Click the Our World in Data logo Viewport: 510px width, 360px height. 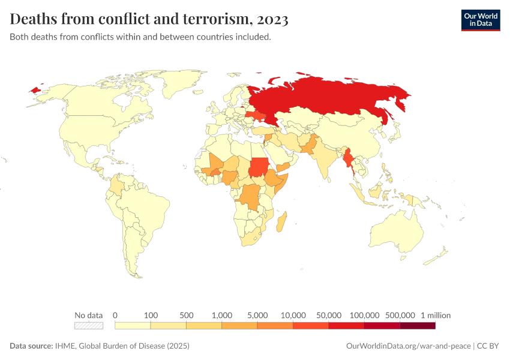pos(480,19)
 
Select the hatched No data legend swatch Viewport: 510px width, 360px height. pos(89,326)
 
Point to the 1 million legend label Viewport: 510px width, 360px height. pos(436,315)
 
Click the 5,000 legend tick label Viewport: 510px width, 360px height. pos(257,315)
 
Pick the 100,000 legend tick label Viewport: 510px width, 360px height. pos(364,315)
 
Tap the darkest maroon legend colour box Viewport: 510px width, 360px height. pos(418,326)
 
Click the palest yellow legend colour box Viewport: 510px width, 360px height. pos(132,326)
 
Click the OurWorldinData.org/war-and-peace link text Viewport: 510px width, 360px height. pos(409,346)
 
